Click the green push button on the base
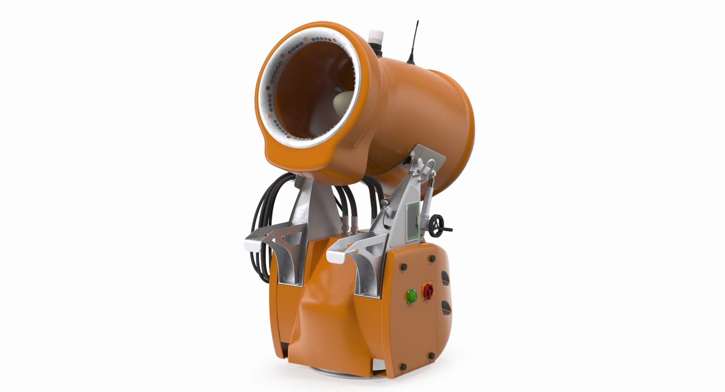(411, 295)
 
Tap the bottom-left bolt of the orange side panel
(403, 367)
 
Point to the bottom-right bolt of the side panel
(432, 356)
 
